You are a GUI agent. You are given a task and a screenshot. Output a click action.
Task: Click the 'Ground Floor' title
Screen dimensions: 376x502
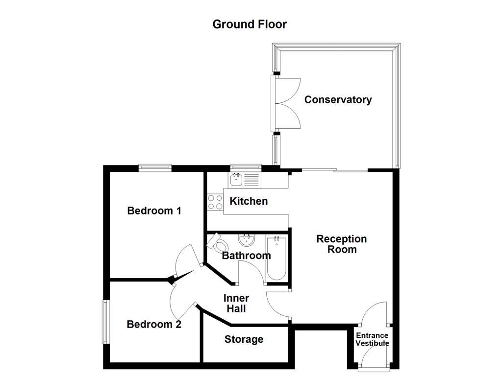[250, 24]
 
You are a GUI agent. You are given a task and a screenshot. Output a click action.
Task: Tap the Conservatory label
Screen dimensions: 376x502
[338, 100]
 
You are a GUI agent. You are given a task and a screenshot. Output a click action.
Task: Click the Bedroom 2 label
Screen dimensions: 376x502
[154, 324]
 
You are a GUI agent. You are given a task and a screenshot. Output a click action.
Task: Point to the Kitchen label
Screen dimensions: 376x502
[249, 201]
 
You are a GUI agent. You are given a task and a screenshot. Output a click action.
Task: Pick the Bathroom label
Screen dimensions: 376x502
[246, 256]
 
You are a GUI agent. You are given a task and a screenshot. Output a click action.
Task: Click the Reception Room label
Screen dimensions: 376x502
[342, 244]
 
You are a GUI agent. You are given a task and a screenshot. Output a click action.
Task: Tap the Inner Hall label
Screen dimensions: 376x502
[236, 304]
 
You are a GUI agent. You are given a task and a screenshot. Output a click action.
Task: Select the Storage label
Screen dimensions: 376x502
[244, 339]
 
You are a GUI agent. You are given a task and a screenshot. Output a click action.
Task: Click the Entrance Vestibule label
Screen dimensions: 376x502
[372, 339]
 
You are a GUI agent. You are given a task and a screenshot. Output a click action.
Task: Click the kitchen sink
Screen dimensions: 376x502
[237, 179]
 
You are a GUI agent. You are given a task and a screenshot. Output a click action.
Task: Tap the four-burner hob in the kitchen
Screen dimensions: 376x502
[215, 202]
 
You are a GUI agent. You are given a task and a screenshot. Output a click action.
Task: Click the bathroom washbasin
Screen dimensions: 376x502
[246, 240]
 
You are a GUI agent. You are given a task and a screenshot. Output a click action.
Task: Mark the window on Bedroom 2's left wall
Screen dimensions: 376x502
[105, 322]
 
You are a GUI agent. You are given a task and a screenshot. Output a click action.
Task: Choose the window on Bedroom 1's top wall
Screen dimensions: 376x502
[155, 168]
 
